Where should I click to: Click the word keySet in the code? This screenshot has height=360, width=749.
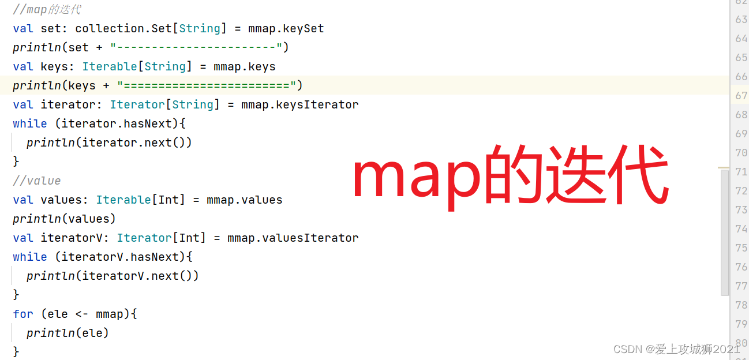(x=304, y=28)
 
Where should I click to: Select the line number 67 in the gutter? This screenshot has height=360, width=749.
(x=741, y=96)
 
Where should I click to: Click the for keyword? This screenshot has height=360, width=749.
(x=23, y=314)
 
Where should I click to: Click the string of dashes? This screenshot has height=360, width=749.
(x=195, y=47)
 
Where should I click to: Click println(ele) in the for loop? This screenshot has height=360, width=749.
(x=68, y=333)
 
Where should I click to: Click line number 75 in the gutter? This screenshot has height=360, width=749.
(x=741, y=247)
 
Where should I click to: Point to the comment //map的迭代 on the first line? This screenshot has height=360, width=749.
(x=47, y=10)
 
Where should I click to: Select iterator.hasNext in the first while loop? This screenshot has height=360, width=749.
(x=117, y=123)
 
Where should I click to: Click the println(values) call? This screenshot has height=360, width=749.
(x=64, y=219)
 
